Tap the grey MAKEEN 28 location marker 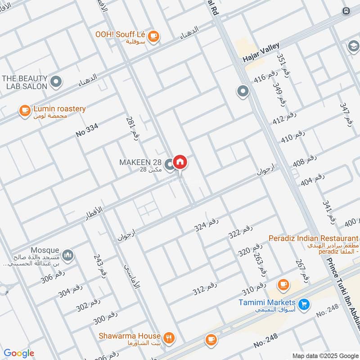point(169,165)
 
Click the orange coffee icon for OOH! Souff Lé point(153,36)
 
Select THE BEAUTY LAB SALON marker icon point(56,81)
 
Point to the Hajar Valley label point(261,53)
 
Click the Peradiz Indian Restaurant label point(313,238)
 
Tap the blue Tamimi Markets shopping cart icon point(304,304)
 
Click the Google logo point(18,354)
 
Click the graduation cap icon point(353,46)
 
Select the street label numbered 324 point(207,223)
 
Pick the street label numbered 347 point(345,114)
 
